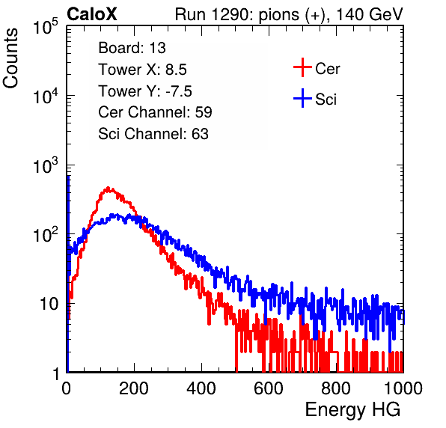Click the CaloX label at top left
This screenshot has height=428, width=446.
coord(92,14)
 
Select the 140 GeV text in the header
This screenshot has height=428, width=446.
coord(370,14)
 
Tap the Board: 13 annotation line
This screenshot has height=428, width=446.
coord(132,48)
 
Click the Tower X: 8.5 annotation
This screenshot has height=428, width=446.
coord(142,70)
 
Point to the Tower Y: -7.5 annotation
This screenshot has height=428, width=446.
coord(145,91)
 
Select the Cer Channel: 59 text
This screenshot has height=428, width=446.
coord(155,112)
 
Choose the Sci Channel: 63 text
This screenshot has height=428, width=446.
coord(153,134)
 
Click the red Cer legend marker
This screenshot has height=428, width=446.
coord(302,67)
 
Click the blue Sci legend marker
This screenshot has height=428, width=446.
coord(302,99)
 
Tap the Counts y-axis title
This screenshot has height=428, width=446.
coord(10,58)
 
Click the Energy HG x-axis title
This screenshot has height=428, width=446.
coord(352,410)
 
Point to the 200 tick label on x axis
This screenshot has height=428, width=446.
coord(134,388)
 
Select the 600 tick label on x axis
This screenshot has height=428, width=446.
coord(269,388)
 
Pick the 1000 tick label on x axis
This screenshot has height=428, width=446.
coord(403,388)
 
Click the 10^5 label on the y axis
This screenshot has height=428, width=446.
coord(46,26)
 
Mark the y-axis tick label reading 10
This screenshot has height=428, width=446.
coord(49,304)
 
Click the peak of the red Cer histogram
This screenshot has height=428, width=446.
coord(108,189)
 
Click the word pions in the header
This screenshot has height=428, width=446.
coord(279,15)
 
